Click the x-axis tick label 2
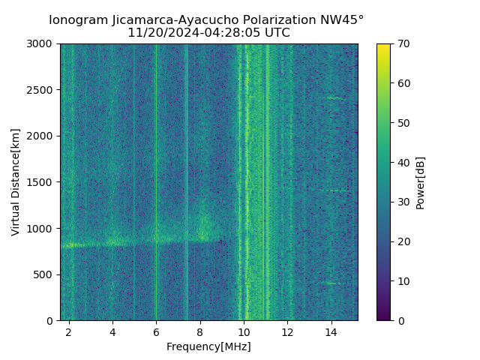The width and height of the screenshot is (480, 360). tap(69, 331)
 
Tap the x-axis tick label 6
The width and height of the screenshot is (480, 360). tap(156, 331)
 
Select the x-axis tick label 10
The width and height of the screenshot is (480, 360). tap(244, 331)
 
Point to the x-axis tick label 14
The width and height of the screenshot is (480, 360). tap(331, 331)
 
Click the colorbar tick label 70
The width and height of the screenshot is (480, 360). tap(403, 44)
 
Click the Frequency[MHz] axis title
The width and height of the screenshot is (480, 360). tap(208, 346)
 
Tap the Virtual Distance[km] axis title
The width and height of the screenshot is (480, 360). tap(16, 182)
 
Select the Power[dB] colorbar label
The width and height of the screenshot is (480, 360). tap(421, 182)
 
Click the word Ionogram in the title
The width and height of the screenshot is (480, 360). tap(79, 20)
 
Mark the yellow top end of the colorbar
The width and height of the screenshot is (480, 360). tap(383, 46)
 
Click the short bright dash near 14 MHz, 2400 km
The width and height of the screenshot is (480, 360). tap(334, 97)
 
